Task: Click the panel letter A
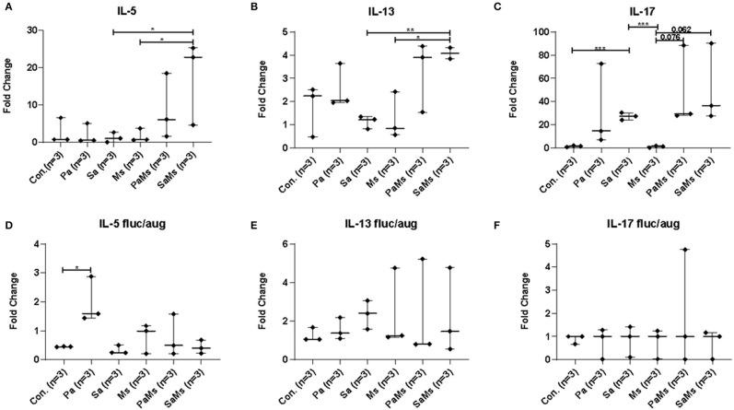tap(6, 6)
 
